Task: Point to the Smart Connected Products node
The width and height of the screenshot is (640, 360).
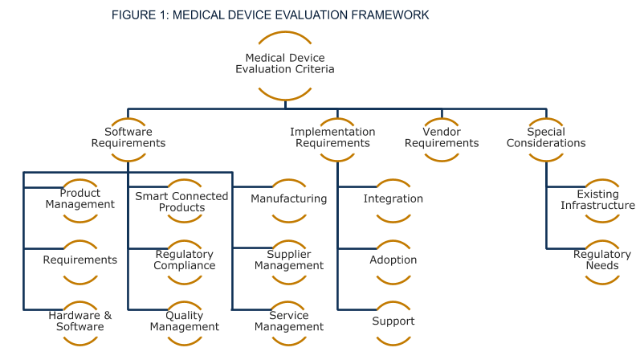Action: point(182,202)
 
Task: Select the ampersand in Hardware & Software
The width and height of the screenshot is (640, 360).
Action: point(108,316)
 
